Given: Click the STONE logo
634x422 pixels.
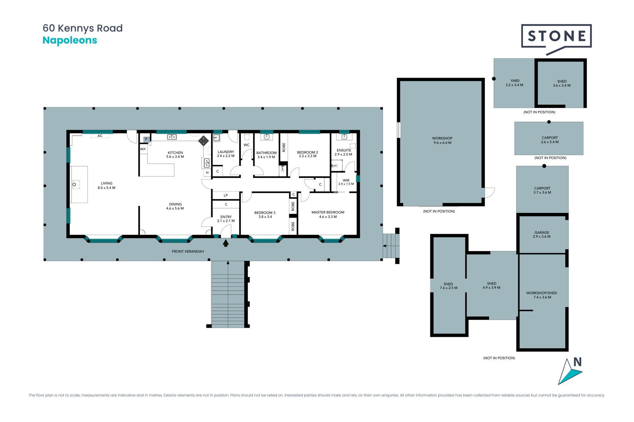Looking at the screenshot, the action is pos(556,38).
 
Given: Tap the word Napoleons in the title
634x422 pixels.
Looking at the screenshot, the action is pos(70,41).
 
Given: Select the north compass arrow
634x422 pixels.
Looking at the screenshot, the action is pos(570,372).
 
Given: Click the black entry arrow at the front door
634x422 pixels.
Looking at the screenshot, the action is pos(226,243).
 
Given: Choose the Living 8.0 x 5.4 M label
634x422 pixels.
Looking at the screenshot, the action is pos(106,185).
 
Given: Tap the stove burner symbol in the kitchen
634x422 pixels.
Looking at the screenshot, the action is pos(203,141).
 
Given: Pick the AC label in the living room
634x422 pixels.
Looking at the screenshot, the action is pos(100,136).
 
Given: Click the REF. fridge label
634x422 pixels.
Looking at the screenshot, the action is pos(143,149).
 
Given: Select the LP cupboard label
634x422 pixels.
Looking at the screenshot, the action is pos(226,196).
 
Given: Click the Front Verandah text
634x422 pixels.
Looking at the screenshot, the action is pos(188,252).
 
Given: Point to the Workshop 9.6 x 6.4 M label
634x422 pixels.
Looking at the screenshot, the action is pos(442,140).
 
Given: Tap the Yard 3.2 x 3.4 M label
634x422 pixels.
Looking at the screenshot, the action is pos(514,83).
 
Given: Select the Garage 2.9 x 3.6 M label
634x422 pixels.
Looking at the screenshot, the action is pos(542,234).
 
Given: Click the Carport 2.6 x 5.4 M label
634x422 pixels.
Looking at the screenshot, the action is pos(550,140).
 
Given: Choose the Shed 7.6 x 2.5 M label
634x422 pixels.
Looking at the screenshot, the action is pos(448,286).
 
